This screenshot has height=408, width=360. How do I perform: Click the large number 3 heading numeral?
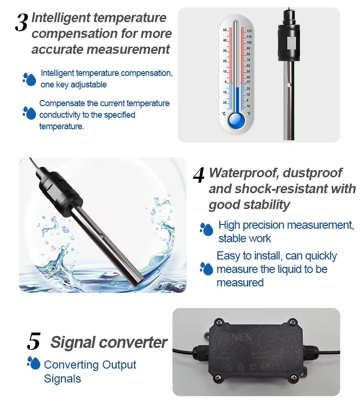pyautogui.click(x=21, y=23)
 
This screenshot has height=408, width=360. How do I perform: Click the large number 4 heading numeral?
pyautogui.click(x=199, y=175)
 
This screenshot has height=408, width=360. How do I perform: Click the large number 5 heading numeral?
pyautogui.click(x=34, y=341)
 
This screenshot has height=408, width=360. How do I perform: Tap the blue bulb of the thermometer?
pyautogui.click(x=236, y=120)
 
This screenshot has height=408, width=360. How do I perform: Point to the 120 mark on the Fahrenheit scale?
pyautogui.click(x=249, y=31)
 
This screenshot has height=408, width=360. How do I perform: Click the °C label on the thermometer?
pyautogui.click(x=224, y=114)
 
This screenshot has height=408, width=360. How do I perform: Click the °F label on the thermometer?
pyautogui.click(x=249, y=114)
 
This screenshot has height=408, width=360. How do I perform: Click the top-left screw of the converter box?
pyautogui.click(x=218, y=322)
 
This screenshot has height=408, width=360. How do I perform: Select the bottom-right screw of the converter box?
pyautogui.click(x=293, y=377)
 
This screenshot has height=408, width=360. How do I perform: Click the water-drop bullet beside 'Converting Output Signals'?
pyautogui.click(x=34, y=363)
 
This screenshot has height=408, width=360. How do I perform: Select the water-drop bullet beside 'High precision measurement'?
pyautogui.click(x=206, y=229)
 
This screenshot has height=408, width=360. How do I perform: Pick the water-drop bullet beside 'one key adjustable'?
pyautogui.click(x=29, y=79)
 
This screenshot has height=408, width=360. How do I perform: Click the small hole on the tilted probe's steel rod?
pyautogui.click(x=101, y=236)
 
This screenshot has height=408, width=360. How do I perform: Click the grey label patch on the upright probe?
pyautogui.click(x=290, y=43)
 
